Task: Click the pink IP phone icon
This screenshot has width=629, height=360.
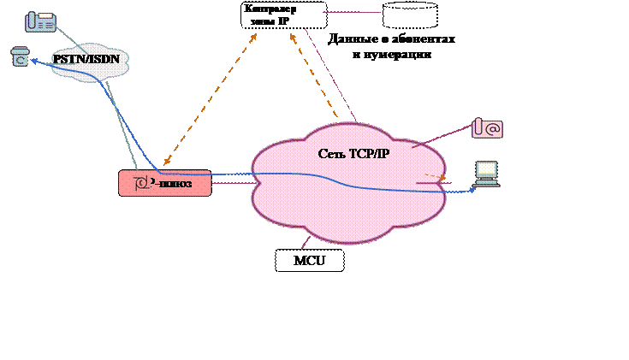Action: [x=487, y=128]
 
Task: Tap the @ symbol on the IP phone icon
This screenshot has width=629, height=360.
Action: [x=493, y=129]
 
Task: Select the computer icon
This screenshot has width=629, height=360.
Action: [x=487, y=174]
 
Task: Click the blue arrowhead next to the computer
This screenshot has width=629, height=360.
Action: [x=471, y=191]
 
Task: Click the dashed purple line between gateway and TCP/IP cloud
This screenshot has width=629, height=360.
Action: [x=231, y=182]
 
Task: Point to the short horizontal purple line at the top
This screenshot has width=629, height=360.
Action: [x=351, y=12]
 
